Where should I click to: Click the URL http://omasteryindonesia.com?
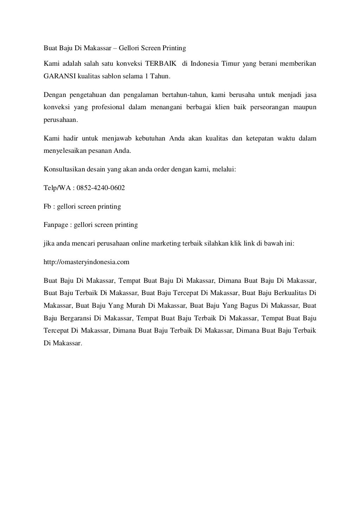[x=86, y=262]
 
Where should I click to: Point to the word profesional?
[x=108, y=107]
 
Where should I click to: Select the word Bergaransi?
[x=75, y=318]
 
